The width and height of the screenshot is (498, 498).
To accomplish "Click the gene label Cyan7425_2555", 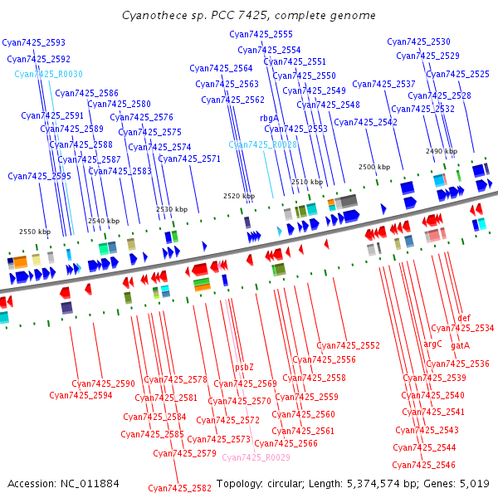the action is pyautogui.click(x=261, y=34).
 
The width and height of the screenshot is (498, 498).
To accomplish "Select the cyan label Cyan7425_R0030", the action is pyautogui.click(x=49, y=74).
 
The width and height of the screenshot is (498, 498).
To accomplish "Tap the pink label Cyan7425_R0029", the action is pyautogui.click(x=256, y=457).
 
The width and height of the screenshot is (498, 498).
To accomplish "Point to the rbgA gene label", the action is pyautogui.click(x=269, y=119).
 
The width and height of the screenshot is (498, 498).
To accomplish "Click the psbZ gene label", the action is pyautogui.click(x=244, y=367).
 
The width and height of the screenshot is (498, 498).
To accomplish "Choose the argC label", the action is pyautogui.click(x=432, y=344).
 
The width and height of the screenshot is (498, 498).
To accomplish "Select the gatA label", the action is pyautogui.click(x=460, y=345).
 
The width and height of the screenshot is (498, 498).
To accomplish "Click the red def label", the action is pyautogui.click(x=464, y=318).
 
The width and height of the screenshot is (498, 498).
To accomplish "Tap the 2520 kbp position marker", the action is pyautogui.click(x=239, y=196).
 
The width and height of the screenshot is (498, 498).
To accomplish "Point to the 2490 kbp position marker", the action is pyautogui.click(x=442, y=151).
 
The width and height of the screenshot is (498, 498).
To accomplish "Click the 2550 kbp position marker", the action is pyautogui.click(x=35, y=232).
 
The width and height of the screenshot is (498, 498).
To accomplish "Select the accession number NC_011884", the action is pyautogui.click(x=90, y=484).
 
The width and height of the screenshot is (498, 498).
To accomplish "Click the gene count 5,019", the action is pyautogui.click(x=475, y=484).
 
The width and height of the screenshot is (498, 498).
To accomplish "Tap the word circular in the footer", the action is pyautogui.click(x=284, y=484).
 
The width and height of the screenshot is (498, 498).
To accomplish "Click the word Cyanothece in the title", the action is pyautogui.click(x=154, y=15).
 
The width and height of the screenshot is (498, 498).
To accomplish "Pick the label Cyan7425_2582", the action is pyautogui.click(x=180, y=488).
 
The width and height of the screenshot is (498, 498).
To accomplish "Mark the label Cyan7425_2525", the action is pyautogui.click(x=457, y=75).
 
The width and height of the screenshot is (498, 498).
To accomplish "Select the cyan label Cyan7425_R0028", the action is pyautogui.click(x=262, y=144).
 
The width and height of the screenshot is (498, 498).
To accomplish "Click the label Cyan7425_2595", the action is pyautogui.click(x=39, y=176).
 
